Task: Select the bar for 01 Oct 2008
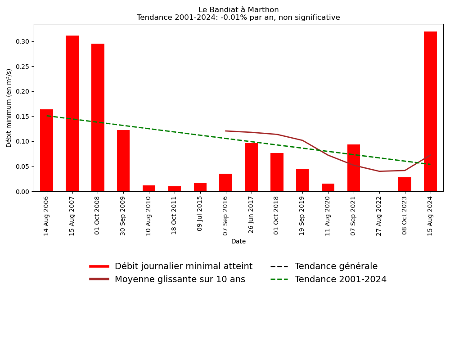(98, 117)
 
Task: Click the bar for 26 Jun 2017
(251, 167)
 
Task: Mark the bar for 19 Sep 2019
(302, 180)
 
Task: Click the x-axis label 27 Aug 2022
(379, 216)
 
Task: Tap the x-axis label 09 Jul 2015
(200, 213)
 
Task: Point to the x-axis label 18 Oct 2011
(175, 215)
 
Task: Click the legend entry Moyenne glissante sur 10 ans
(180, 279)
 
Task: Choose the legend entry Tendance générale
(336, 266)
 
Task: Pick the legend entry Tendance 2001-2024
(340, 279)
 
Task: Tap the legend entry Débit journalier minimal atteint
(183, 266)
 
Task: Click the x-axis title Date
(238, 242)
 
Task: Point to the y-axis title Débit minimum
(9, 108)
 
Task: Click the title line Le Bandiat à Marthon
(238, 10)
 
